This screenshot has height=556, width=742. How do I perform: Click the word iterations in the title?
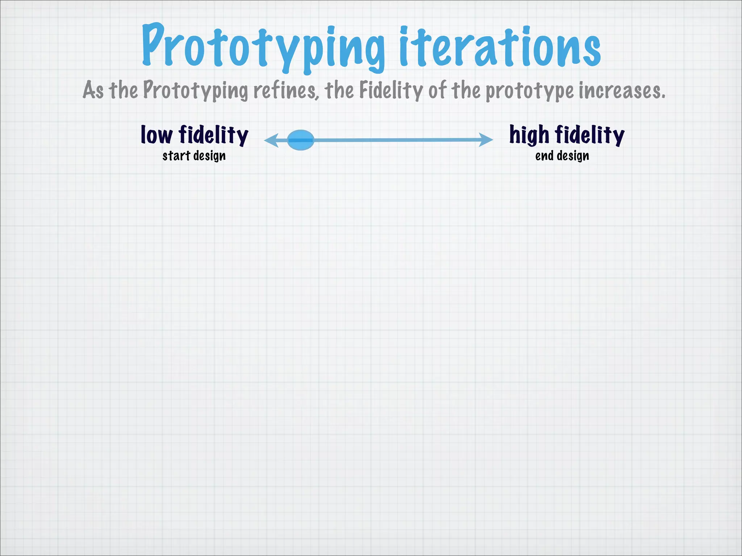[500, 47]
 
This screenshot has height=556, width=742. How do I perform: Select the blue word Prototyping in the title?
[263, 47]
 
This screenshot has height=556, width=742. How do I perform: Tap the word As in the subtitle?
[93, 90]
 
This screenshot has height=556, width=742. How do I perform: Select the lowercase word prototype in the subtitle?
[529, 91]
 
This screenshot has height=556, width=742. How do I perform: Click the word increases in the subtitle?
[622, 91]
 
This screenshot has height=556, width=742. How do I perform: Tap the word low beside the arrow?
[157, 135]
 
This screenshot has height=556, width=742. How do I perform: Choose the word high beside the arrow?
[529, 135]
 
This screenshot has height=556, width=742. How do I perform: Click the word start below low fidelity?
[176, 156]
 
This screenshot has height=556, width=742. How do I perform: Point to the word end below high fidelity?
[544, 156]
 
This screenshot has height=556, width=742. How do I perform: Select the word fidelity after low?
[214, 135]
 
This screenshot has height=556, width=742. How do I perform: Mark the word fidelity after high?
[590, 135]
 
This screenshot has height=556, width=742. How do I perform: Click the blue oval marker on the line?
[301, 140]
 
